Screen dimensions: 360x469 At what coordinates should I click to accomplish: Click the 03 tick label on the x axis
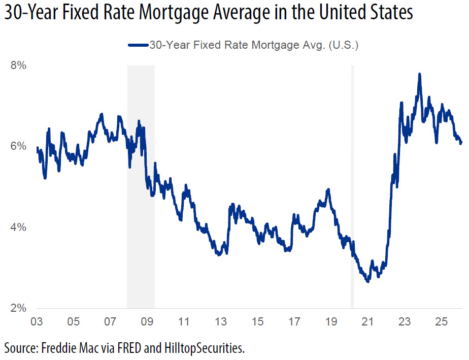point(36,321)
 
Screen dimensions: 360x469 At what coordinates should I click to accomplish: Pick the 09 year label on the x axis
point(147,321)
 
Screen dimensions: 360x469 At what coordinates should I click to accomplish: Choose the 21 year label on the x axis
point(367,321)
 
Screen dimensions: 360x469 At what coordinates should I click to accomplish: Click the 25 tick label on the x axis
point(441,321)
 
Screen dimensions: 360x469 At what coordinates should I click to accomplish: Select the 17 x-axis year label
point(294,321)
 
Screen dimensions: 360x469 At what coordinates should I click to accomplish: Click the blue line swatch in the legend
point(138,45)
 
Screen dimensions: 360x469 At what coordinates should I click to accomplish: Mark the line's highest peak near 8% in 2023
point(419,74)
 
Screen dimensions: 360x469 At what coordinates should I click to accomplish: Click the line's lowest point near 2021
point(367,281)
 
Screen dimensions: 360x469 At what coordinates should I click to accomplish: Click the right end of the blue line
point(461,143)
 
